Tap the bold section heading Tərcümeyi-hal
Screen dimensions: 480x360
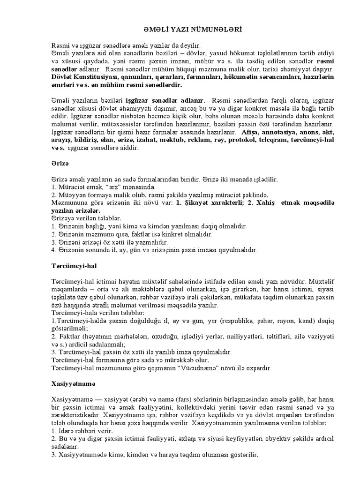click(71, 266)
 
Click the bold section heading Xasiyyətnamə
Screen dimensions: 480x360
click(73, 383)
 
